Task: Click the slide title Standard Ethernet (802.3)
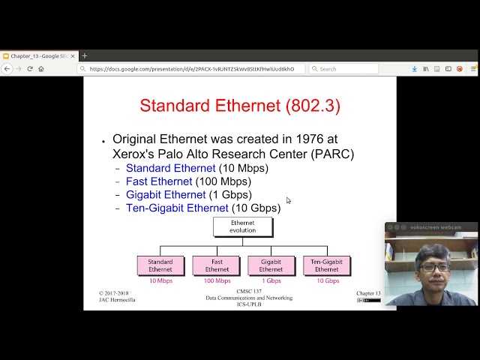pyautogui.click(x=240, y=106)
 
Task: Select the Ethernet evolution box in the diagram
pyautogui.click(x=242, y=226)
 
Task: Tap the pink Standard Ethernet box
pyautogui.click(x=160, y=265)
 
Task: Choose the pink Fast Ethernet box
pyautogui.click(x=217, y=265)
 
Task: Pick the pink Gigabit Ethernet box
pyautogui.click(x=271, y=265)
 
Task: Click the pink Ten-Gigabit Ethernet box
pyautogui.click(x=326, y=265)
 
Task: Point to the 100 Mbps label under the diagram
pyautogui.click(x=217, y=281)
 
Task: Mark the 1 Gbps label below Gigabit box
pyautogui.click(x=271, y=281)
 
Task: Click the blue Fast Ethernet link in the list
pyautogui.click(x=159, y=181)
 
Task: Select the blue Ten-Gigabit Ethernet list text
pyautogui.click(x=177, y=208)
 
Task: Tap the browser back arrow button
pyautogui.click(x=7, y=69)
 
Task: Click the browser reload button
pyautogui.click(x=30, y=69)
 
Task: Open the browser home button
pyautogui.click(x=41, y=69)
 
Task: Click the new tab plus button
pyautogui.click(x=85, y=55)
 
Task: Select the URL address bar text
pyautogui.click(x=191, y=69)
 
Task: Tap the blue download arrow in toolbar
pyautogui.click(x=414, y=69)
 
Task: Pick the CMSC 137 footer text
pyautogui.click(x=249, y=291)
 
